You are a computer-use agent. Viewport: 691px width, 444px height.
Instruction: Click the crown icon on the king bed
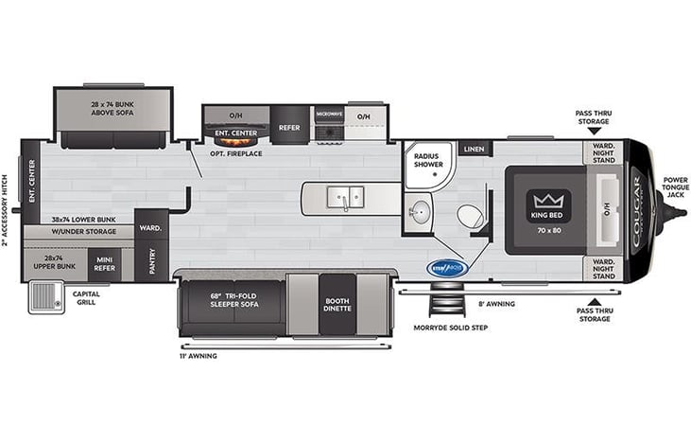coord(545,201)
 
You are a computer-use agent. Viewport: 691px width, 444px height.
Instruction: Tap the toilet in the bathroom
coord(470,217)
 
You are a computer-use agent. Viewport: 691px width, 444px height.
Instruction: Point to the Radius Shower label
coord(427,158)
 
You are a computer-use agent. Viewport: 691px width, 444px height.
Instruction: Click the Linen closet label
coord(473,150)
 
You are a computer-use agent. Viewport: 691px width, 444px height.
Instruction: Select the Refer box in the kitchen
coord(289,124)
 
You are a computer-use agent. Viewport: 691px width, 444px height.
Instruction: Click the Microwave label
coord(328,112)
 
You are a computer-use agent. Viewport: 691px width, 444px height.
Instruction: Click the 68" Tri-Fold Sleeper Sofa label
coord(233,301)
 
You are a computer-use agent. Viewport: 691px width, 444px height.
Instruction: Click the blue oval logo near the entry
coord(446,268)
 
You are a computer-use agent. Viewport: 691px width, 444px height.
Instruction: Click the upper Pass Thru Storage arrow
coord(593,131)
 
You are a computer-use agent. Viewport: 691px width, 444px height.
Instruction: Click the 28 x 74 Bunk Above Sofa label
coord(112,108)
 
